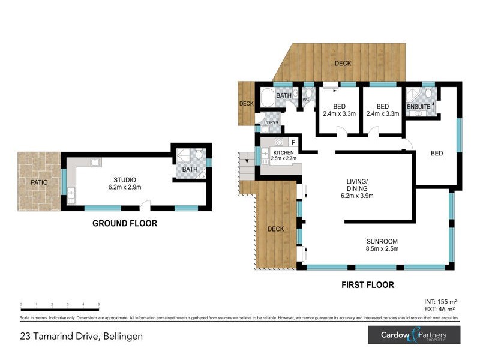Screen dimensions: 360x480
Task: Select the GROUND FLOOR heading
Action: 124,223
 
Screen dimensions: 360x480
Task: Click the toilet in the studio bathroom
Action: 199,157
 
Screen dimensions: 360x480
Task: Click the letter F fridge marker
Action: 293,142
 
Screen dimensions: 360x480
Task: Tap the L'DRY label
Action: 269,123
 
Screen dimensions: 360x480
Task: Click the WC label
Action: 305,100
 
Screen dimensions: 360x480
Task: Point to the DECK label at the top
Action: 343,64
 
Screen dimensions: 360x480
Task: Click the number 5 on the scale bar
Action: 98,305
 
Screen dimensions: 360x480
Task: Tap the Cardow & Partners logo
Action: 413,335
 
